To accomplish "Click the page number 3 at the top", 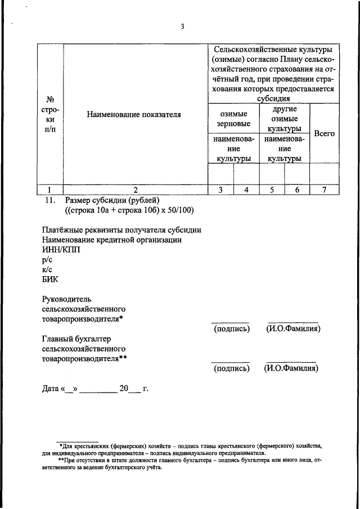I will (182, 26).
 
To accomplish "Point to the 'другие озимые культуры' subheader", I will (284, 119).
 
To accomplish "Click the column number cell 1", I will (49, 190).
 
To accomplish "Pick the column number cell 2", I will (135, 190).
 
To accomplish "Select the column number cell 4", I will (246, 190).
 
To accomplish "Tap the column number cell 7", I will (324, 190).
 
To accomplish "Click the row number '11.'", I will (49, 200).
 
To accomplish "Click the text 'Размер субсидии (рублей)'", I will (113, 200).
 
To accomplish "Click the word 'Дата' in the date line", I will (52, 389).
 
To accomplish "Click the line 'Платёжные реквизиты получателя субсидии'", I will (121, 230).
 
